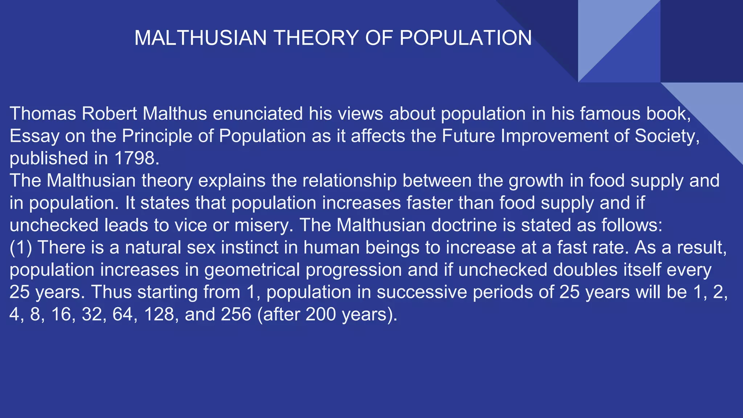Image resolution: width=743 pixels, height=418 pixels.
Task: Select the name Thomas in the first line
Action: (x=43, y=114)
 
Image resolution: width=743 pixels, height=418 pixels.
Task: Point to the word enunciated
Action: (x=258, y=114)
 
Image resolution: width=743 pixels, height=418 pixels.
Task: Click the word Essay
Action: (x=34, y=136)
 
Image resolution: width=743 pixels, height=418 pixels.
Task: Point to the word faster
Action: (x=429, y=203)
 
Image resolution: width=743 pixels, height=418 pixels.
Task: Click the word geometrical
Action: (x=252, y=270)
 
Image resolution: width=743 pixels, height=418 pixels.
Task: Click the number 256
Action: (x=236, y=314)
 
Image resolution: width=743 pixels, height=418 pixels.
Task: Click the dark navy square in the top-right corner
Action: (x=702, y=41)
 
